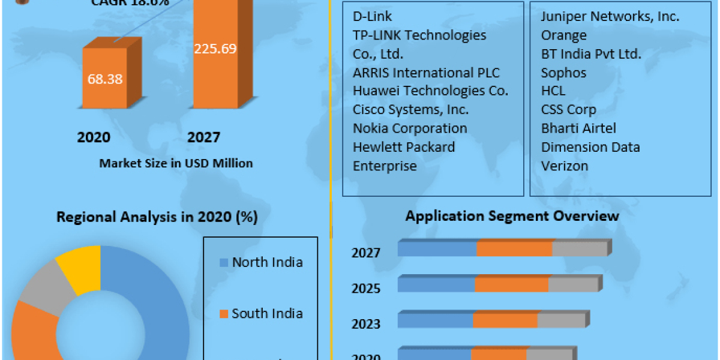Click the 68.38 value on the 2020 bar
[105, 79]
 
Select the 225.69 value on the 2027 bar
[215, 49]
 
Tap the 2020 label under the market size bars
[94, 137]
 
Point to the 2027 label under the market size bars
[203, 137]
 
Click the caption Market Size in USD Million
[176, 163]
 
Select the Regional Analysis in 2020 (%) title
[157, 217]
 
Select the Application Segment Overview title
[512, 215]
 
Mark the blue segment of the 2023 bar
[435, 320]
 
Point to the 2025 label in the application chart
[366, 289]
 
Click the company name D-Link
[372, 16]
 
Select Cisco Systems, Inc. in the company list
[411, 110]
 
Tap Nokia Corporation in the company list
[410, 128]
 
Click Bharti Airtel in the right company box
[578, 128]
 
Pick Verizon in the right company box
[565, 166]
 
